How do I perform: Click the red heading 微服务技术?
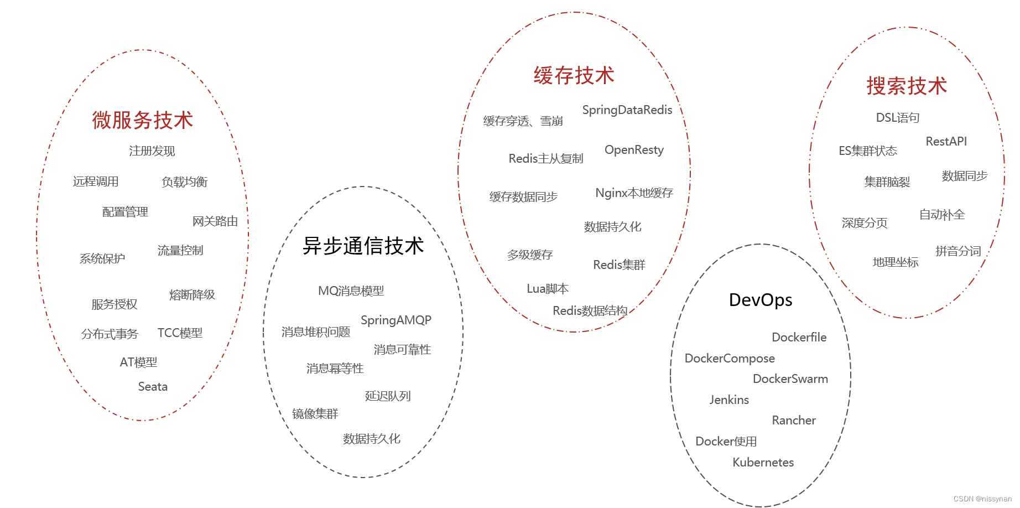143,120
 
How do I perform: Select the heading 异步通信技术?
363,246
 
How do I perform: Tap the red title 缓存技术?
574,76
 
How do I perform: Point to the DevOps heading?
761,300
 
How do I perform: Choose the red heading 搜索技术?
907,86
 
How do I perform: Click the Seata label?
153,387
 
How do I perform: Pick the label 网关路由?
215,221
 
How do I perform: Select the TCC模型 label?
180,333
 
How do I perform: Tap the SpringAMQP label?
396,320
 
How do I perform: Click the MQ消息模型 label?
351,291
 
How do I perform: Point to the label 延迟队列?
388,396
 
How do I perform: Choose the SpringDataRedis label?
627,110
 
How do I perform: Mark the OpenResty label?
634,150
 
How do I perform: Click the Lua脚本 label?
548,289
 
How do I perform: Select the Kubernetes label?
763,463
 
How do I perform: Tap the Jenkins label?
729,400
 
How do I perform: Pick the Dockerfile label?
799,338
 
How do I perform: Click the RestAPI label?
946,142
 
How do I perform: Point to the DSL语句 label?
898,118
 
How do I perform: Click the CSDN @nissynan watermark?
983,499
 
